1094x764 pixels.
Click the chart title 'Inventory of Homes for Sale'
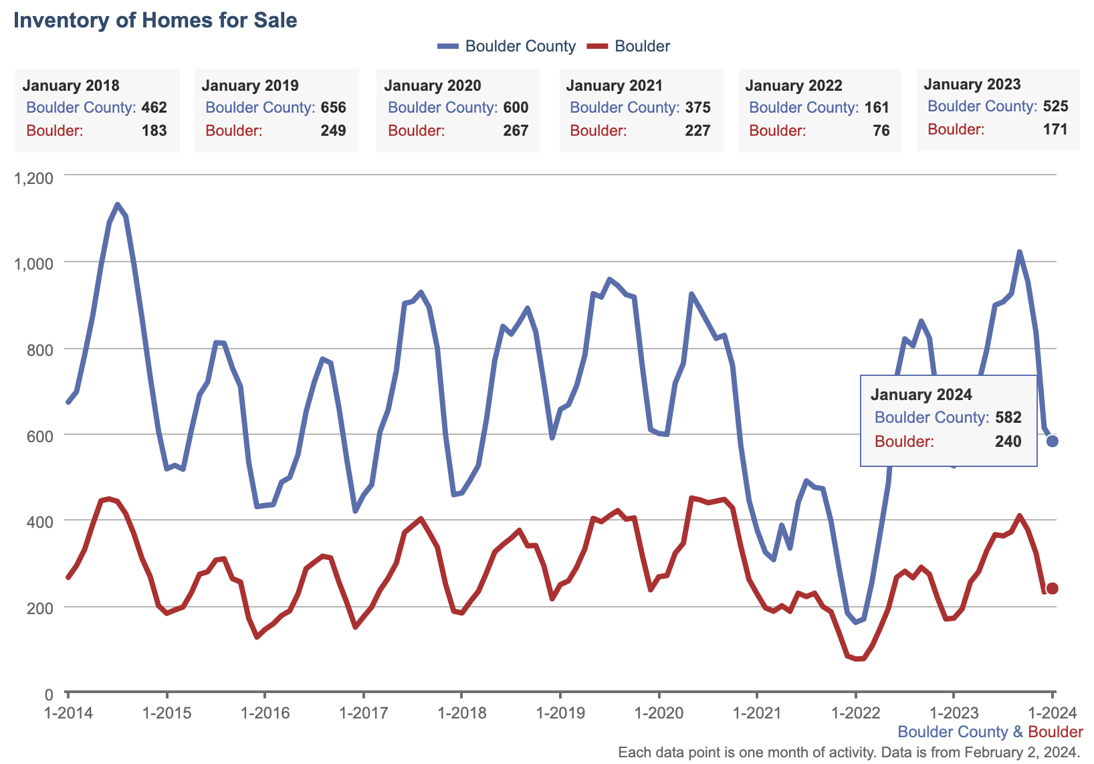(x=155, y=20)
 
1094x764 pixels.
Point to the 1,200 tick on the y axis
(x=33, y=179)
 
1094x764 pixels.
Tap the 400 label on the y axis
(x=41, y=521)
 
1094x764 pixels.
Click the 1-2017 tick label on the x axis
(x=363, y=713)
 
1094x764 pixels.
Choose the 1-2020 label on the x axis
(x=659, y=713)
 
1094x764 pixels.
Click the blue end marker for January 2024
(x=1052, y=441)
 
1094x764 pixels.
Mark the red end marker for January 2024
(x=1052, y=588)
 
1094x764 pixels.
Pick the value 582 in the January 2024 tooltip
(x=1008, y=417)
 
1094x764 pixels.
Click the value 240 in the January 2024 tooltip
(x=1008, y=442)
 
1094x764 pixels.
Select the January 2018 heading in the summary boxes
(x=71, y=86)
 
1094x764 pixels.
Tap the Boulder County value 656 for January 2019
(x=333, y=108)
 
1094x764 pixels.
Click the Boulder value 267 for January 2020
(x=516, y=130)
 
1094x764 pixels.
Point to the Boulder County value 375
(x=697, y=108)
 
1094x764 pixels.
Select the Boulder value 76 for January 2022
(x=881, y=130)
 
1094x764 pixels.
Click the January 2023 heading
(x=972, y=84)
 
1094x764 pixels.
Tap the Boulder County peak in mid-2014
(x=118, y=205)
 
